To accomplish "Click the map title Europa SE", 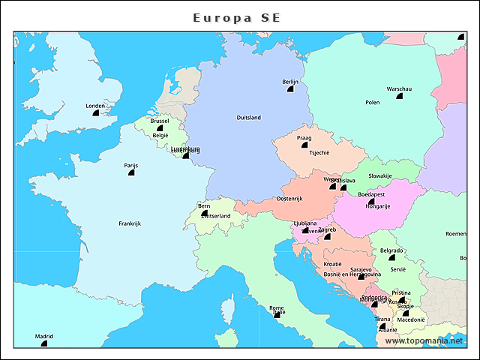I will (237, 16).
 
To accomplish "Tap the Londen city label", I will (96, 106).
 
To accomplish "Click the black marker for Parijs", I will (131, 172).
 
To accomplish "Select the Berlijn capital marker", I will (290, 89).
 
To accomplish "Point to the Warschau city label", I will (399, 88).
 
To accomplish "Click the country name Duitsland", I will (248, 118).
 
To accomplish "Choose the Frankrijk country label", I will (130, 223).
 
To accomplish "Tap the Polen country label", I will (373, 103).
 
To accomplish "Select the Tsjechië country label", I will (319, 152).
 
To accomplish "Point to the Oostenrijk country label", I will (289, 199).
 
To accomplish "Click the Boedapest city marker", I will (371, 201).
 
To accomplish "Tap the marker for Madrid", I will (43, 343).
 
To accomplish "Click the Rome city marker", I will (277, 315).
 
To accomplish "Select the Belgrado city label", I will (391, 250).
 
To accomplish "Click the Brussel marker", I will (160, 127).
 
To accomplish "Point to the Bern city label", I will (204, 205).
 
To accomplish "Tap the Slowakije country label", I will (380, 175).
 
